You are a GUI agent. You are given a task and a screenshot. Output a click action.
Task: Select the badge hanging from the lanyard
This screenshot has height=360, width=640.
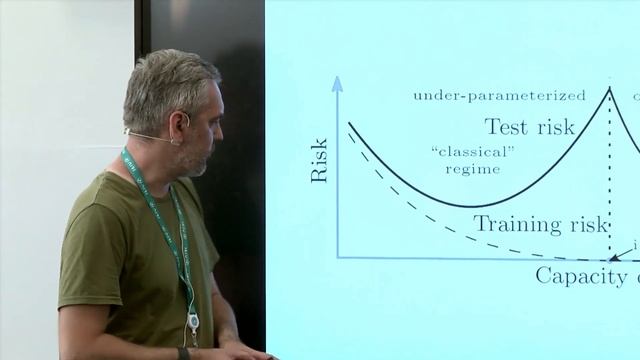pyautogui.click(x=193, y=322)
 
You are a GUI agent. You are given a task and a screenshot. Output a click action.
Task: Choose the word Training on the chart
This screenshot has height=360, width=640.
pyautogui.click(x=510, y=224)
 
